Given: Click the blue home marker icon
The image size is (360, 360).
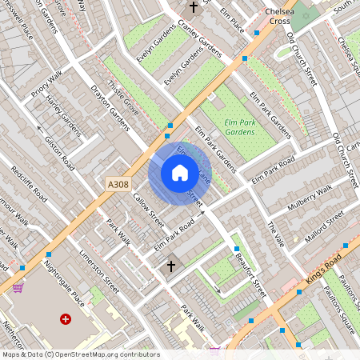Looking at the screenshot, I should coord(180,173).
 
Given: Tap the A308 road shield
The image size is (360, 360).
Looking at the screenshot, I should coord(118,184).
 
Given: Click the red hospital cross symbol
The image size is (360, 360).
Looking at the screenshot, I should coord(66,318).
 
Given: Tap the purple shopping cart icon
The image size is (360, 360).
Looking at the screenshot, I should coord(18,287).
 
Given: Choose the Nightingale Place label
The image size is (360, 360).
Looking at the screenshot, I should coord(64,279).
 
